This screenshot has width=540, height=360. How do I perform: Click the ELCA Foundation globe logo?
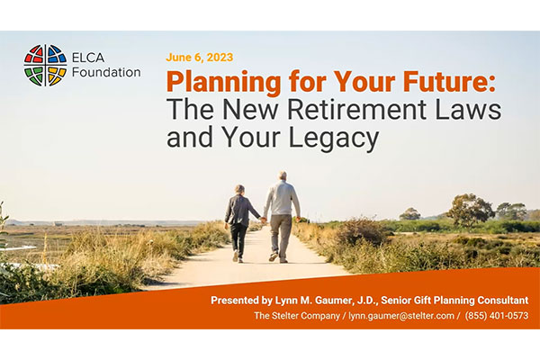45,65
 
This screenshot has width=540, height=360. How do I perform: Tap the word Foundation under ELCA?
107,72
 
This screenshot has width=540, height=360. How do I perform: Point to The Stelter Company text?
292,317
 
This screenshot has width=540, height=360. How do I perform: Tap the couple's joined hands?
263,219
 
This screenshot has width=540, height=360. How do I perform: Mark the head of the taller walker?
283,176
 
